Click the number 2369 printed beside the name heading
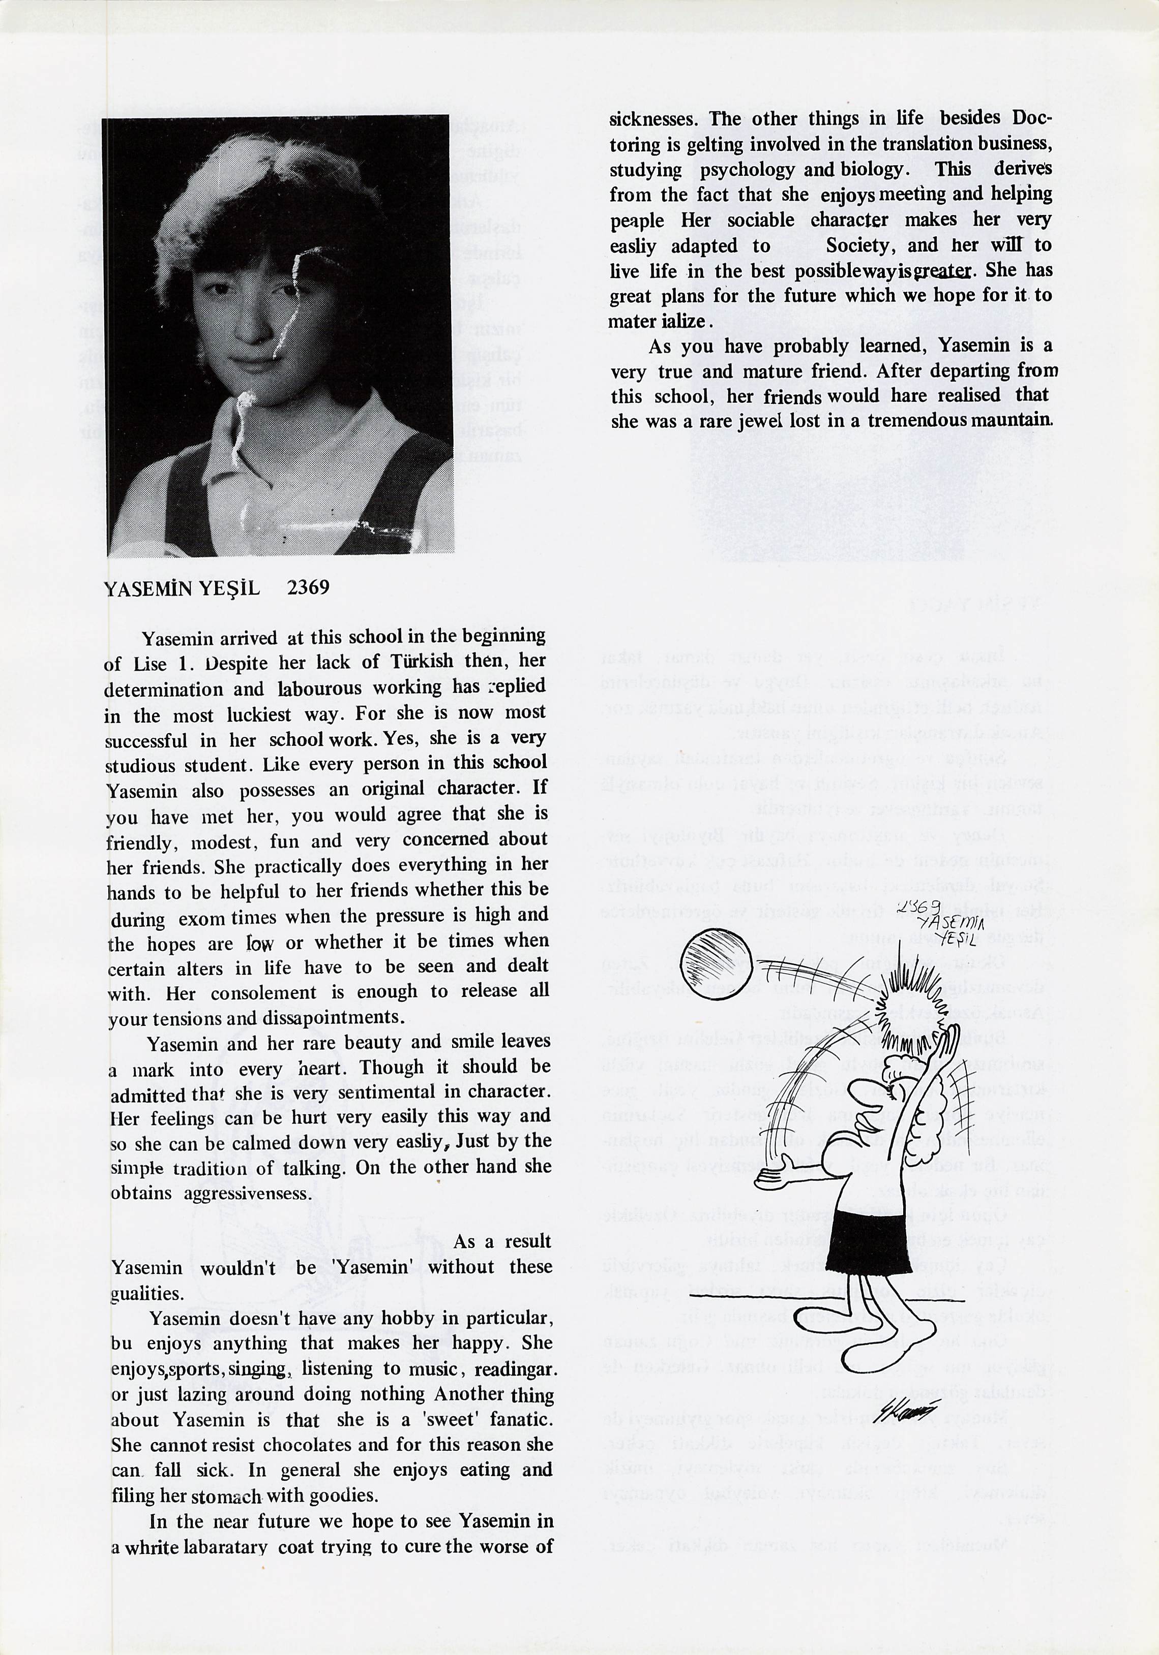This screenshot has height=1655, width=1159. coord(308,587)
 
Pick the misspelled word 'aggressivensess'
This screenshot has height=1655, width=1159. coord(247,1193)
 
